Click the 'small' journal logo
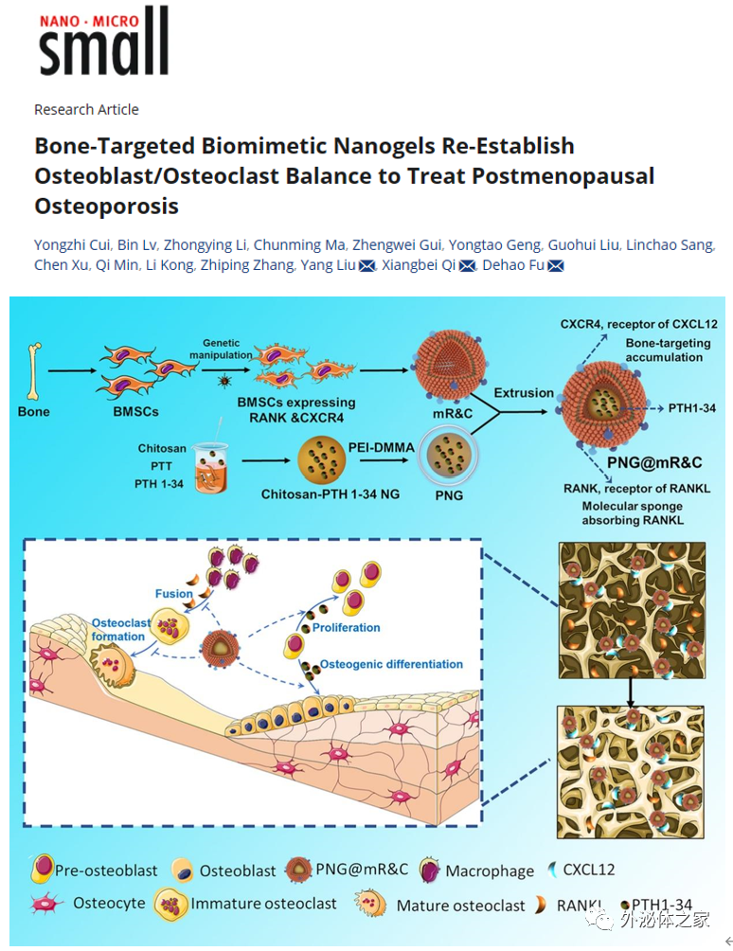pos(104,43)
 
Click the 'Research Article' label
pos(86,109)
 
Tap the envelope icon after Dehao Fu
pos(556,266)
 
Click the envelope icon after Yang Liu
pos(367,266)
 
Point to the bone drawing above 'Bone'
pos(34,370)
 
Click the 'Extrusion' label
pos(524,392)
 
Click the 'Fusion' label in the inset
pos(174,594)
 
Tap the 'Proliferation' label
pos(346,627)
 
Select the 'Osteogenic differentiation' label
pos(391,664)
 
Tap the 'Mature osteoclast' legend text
pos(460,906)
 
